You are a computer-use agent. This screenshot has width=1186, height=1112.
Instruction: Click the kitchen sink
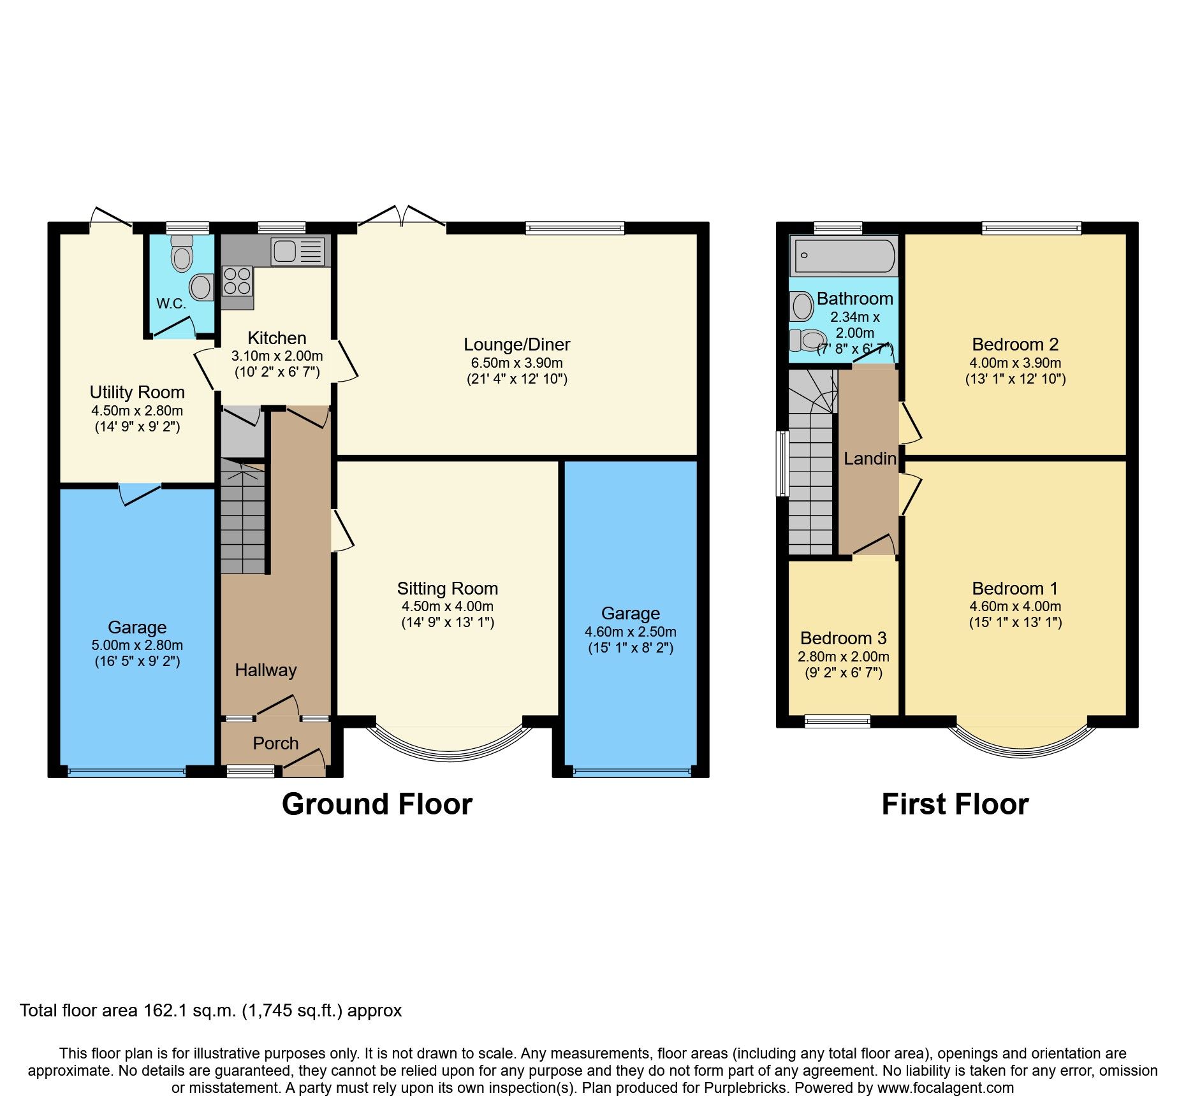pyautogui.click(x=298, y=250)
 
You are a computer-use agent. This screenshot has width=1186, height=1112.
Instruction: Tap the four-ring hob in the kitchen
pyautogui.click(x=237, y=281)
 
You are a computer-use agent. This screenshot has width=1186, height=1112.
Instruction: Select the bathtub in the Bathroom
pyautogui.click(x=843, y=256)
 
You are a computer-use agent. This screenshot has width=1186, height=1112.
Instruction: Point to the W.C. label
pyautogui.click(x=172, y=304)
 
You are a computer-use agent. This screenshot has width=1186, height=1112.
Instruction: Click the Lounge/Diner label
pyautogui.click(x=516, y=345)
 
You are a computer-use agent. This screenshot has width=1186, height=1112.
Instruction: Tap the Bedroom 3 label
pyautogui.click(x=843, y=638)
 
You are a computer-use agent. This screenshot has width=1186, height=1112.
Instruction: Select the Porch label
pyautogui.click(x=275, y=743)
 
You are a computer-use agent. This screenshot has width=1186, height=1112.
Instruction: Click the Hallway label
pyautogui.click(x=266, y=670)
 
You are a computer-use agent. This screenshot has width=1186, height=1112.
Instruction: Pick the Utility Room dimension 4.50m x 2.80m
pyautogui.click(x=137, y=410)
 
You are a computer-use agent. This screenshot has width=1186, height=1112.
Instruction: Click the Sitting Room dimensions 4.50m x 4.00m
pyautogui.click(x=447, y=607)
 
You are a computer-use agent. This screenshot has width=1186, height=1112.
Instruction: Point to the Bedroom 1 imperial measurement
pyautogui.click(x=1015, y=623)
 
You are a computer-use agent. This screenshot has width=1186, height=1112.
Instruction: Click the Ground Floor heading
pyautogui.click(x=377, y=804)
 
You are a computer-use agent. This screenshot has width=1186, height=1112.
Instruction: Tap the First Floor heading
pyautogui.click(x=955, y=804)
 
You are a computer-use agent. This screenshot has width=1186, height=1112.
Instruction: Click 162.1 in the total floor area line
pyautogui.click(x=164, y=1011)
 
